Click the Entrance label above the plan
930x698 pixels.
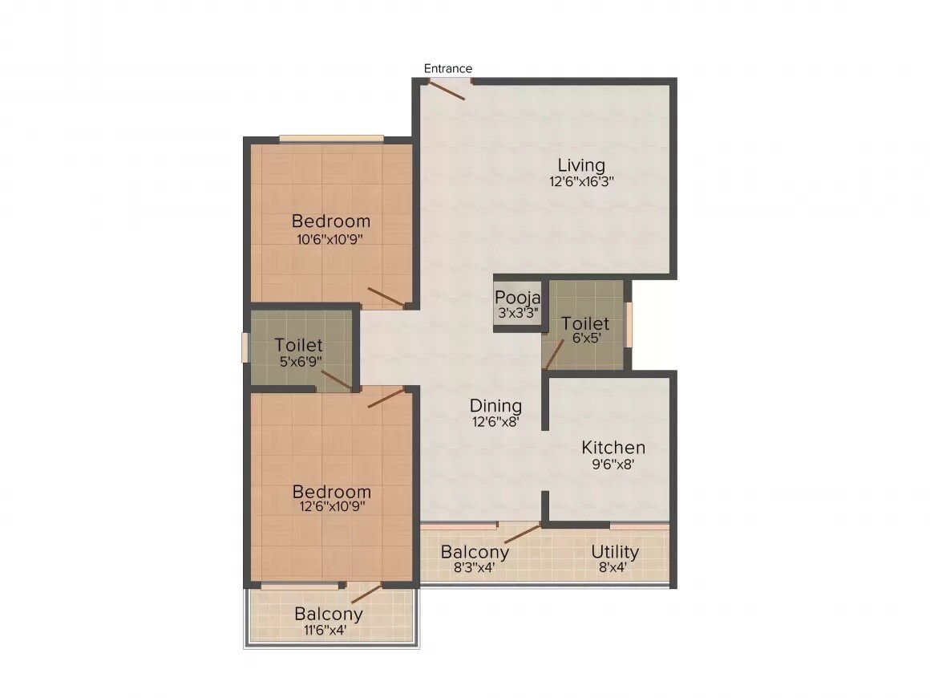click(448, 68)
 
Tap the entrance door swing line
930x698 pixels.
click(447, 90)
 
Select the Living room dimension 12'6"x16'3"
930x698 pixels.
click(581, 181)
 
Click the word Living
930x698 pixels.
click(581, 166)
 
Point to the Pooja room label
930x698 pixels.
click(518, 298)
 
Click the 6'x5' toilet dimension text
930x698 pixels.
click(585, 339)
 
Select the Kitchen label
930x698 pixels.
click(613, 448)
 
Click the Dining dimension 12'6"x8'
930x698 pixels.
click(495, 421)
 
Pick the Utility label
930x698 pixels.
click(615, 552)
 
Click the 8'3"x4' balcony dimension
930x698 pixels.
click(475, 567)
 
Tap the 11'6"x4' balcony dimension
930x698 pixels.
click(328, 630)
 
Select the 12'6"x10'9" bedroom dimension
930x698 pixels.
click(331, 507)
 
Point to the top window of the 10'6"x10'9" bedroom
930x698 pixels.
click(330, 138)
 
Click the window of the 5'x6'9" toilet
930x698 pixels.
click(246, 347)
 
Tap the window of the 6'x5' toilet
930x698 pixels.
click(629, 324)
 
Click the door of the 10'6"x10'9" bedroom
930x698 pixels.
click(386, 297)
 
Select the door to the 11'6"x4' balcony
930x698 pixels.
click(366, 594)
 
